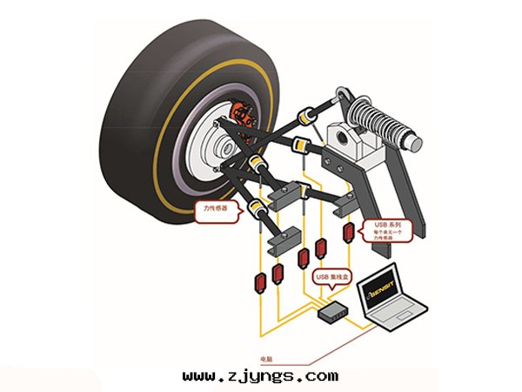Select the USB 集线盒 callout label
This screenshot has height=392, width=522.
[x=333, y=278]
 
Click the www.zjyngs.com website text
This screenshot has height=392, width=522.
[x=260, y=376]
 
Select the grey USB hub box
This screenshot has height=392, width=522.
[x=332, y=311]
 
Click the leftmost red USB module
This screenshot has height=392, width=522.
[x=259, y=284]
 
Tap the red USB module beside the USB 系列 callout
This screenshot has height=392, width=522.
[x=350, y=233]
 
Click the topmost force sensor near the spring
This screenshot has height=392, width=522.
[x=306, y=114]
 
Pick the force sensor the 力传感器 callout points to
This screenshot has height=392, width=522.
[x=258, y=208]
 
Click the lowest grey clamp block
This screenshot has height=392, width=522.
[x=281, y=239]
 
